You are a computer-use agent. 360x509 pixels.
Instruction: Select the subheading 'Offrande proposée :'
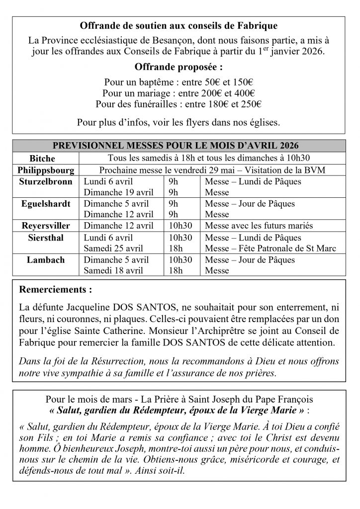click(180, 67)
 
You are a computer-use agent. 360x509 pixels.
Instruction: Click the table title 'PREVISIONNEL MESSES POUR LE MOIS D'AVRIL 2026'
click(180, 146)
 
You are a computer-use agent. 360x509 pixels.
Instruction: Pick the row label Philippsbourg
click(46, 170)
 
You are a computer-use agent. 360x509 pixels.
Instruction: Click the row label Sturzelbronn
click(46, 181)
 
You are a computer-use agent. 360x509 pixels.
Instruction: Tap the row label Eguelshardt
click(46, 204)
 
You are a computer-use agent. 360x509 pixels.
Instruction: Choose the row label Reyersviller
click(46, 226)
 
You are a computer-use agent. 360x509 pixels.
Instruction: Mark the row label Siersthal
click(46, 238)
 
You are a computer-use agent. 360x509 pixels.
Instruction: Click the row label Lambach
click(46, 260)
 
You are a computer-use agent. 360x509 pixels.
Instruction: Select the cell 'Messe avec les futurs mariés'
click(259, 226)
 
